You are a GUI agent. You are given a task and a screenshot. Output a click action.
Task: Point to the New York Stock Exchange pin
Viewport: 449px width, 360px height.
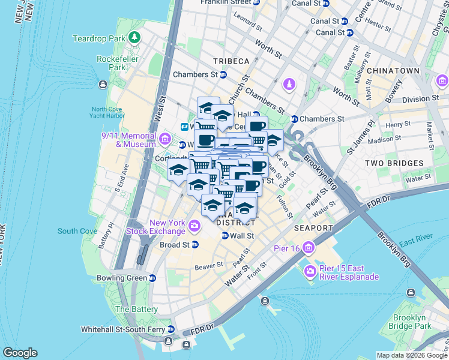click(194, 226)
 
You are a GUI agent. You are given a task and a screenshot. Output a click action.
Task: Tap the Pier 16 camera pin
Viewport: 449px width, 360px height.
click(308, 247)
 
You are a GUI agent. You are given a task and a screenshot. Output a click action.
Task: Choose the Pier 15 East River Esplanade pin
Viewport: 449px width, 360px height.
click(310, 272)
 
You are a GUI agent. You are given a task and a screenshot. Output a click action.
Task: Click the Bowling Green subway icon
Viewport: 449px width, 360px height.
click(152, 278)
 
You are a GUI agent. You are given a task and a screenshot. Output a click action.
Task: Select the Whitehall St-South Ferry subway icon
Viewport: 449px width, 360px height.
click(171, 329)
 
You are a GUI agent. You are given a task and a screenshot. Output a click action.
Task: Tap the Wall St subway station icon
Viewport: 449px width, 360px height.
click(225, 236)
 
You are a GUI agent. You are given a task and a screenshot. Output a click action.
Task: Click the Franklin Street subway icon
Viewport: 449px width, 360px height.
click(256, 2)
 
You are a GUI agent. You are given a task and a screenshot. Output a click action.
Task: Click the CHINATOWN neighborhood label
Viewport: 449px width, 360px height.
click(393, 71)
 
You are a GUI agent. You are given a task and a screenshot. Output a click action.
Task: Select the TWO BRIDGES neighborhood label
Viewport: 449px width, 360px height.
click(391, 163)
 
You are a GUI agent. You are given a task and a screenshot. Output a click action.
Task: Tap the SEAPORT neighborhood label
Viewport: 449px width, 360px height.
click(313, 228)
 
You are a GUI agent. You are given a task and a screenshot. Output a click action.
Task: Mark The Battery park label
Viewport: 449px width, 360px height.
click(130, 309)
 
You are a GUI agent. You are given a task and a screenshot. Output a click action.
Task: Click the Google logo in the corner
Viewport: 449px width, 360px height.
click(20, 353)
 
